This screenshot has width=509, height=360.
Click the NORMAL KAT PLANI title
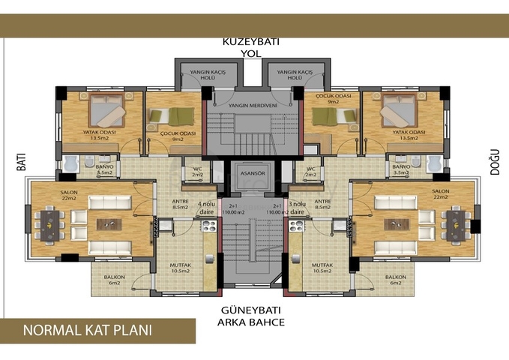pos(88,330)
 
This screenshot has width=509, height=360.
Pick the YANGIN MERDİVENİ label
pos(253,106)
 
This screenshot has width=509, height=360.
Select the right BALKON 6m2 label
pos(395,279)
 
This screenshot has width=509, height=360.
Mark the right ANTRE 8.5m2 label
pos(323,205)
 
